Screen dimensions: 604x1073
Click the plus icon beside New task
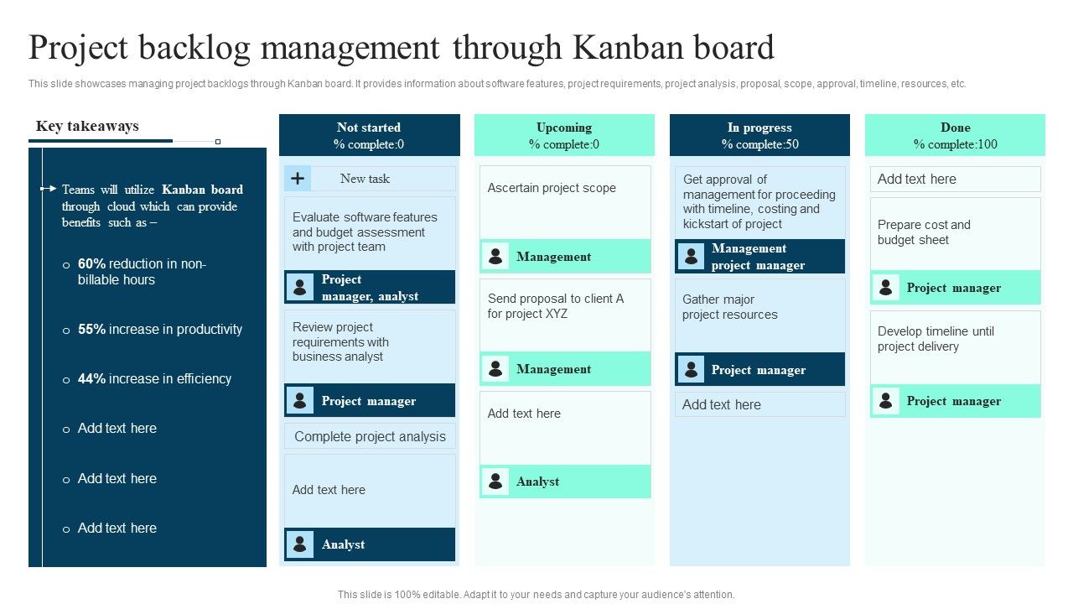(298, 179)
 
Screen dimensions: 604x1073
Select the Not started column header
(369, 135)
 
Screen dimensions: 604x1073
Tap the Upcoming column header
(564, 135)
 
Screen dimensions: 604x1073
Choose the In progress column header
(759, 135)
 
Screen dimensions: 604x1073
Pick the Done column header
(955, 135)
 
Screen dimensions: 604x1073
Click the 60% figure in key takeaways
(91, 264)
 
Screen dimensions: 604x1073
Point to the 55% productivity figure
(91, 330)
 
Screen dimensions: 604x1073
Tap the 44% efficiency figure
(91, 379)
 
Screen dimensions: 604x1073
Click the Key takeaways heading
(87, 127)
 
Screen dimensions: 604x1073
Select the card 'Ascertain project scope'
(552, 189)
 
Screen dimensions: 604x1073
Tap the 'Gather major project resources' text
(729, 307)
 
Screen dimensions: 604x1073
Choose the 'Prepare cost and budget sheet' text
(924, 232)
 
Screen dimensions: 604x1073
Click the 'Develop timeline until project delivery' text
(936, 339)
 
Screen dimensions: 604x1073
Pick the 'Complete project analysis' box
(370, 436)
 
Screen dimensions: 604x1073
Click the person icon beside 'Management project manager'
(691, 257)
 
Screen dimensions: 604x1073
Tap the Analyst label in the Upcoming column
(537, 482)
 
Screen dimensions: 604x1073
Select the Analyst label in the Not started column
(343, 544)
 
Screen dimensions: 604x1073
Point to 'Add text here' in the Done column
(916, 179)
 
